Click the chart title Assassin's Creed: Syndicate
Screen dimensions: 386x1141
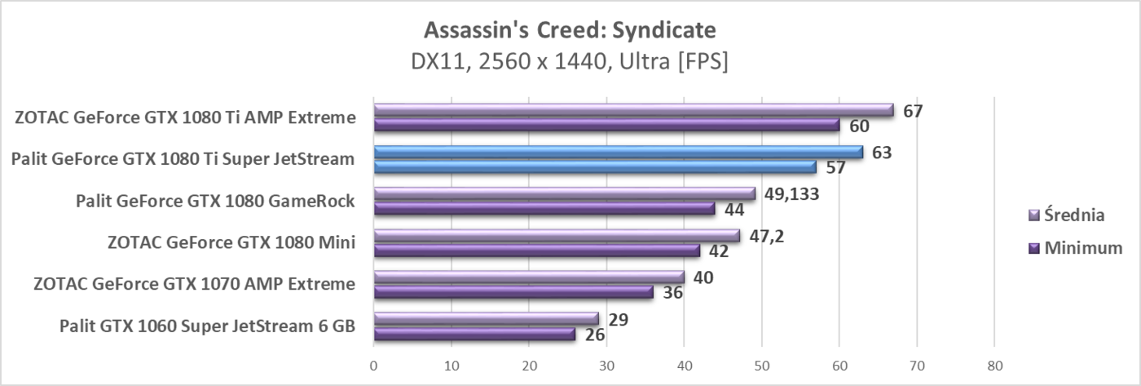[570, 31]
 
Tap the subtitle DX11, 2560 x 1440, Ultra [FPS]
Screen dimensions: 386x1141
[570, 62]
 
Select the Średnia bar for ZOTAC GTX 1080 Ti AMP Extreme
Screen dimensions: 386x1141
[633, 110]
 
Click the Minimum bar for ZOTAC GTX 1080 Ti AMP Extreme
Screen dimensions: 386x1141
[606, 125]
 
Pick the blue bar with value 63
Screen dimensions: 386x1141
[618, 152]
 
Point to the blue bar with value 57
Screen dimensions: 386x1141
[594, 166]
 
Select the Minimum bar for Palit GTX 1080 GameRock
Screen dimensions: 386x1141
[544, 208]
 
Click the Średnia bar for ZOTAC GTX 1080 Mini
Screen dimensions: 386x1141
[556, 236]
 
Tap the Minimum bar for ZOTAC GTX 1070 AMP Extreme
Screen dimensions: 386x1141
[513, 291]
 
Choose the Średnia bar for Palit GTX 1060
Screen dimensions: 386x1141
[486, 318]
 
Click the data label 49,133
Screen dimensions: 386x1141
[790, 194]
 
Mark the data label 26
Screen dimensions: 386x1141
[595, 335]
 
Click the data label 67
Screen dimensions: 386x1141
[913, 110]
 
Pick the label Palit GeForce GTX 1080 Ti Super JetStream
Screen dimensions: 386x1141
[183, 158]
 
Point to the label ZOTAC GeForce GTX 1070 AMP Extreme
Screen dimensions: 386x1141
[194, 284]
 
